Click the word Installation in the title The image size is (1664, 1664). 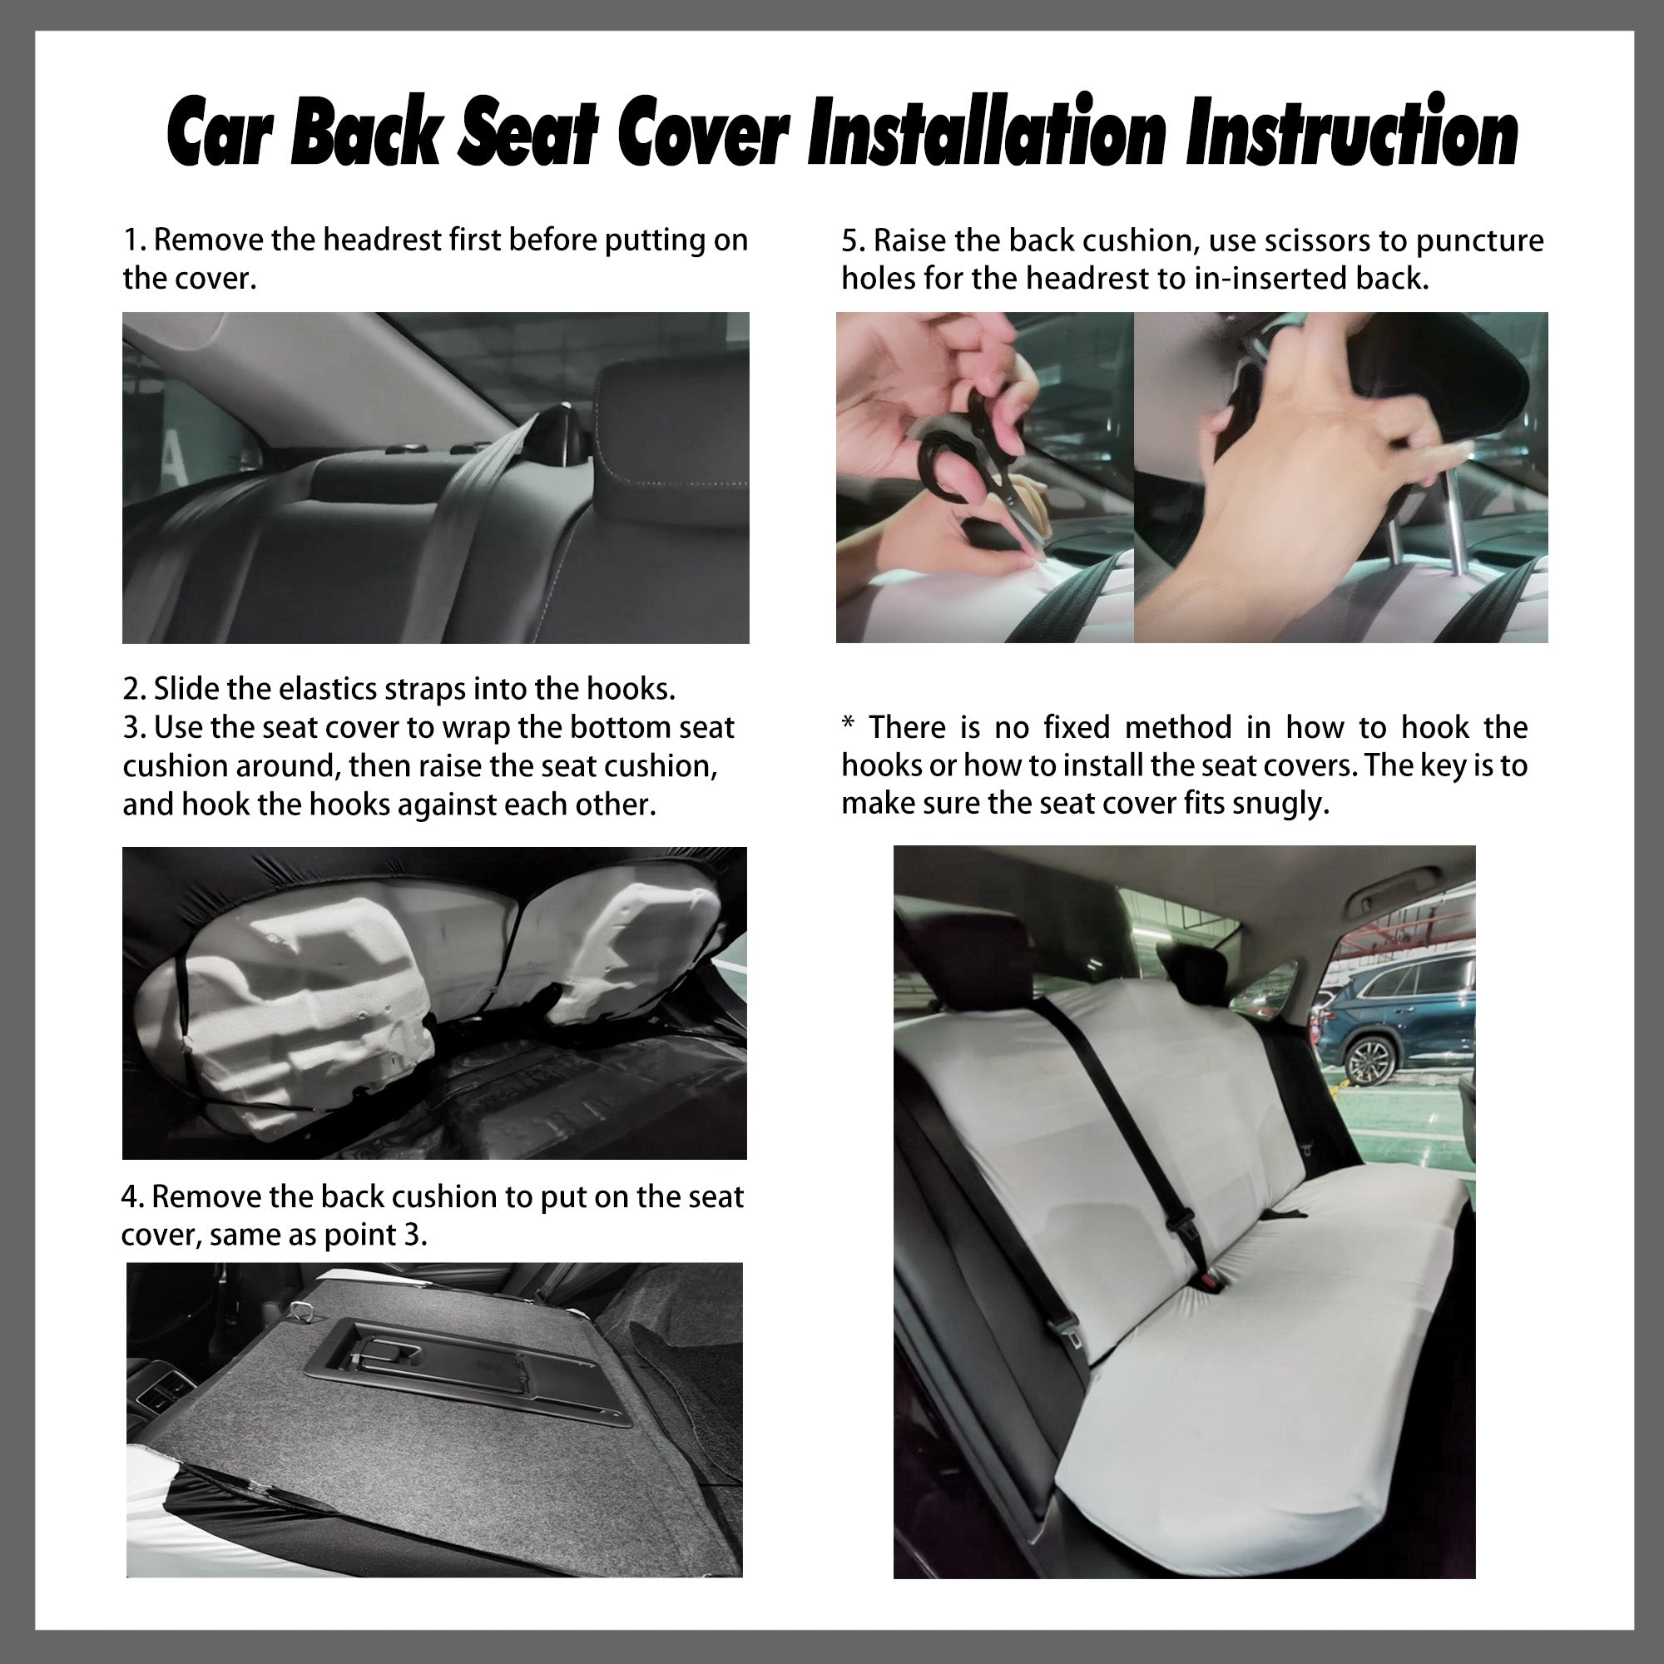point(986,133)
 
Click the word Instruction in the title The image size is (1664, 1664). point(1352,133)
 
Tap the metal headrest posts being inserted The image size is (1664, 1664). point(1421,525)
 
